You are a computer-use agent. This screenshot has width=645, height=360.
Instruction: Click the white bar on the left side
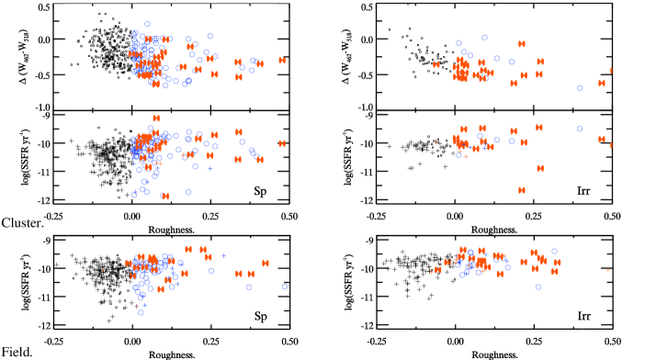click(x=43, y=234)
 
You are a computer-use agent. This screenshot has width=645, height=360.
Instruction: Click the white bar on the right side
click(x=367, y=234)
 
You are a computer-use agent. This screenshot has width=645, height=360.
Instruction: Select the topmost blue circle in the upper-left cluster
click(x=147, y=24)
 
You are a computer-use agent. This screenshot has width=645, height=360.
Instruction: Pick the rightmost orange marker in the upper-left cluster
click(x=282, y=61)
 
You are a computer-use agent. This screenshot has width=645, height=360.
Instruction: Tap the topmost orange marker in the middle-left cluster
click(x=156, y=118)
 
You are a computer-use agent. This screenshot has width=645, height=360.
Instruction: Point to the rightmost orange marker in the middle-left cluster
click(x=282, y=143)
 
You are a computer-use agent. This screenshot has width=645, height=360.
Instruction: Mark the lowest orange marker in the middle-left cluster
click(x=165, y=196)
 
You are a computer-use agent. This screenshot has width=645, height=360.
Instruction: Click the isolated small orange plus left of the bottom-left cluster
click(x=103, y=269)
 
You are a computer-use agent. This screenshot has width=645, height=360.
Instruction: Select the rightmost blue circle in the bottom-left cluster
click(x=284, y=287)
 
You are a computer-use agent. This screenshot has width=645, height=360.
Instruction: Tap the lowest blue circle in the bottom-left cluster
click(x=141, y=312)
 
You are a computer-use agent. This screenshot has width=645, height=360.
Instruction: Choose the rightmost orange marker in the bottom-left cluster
click(x=266, y=263)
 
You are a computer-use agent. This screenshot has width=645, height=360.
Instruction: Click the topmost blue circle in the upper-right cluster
click(x=484, y=38)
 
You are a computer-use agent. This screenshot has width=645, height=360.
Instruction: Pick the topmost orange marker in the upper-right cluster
click(x=522, y=43)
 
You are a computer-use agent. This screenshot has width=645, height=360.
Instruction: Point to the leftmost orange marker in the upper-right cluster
click(x=436, y=64)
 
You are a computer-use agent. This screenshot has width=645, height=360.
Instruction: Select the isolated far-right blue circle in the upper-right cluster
click(x=580, y=88)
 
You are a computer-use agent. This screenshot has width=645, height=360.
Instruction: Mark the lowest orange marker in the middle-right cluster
click(x=522, y=190)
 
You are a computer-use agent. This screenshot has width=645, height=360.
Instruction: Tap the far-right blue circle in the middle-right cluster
click(x=580, y=129)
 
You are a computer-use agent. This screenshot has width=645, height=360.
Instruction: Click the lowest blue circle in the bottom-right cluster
click(x=538, y=287)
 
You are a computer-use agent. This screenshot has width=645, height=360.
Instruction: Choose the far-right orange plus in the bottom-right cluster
click(x=608, y=269)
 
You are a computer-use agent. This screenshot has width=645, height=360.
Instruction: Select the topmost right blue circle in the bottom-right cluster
click(x=554, y=251)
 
